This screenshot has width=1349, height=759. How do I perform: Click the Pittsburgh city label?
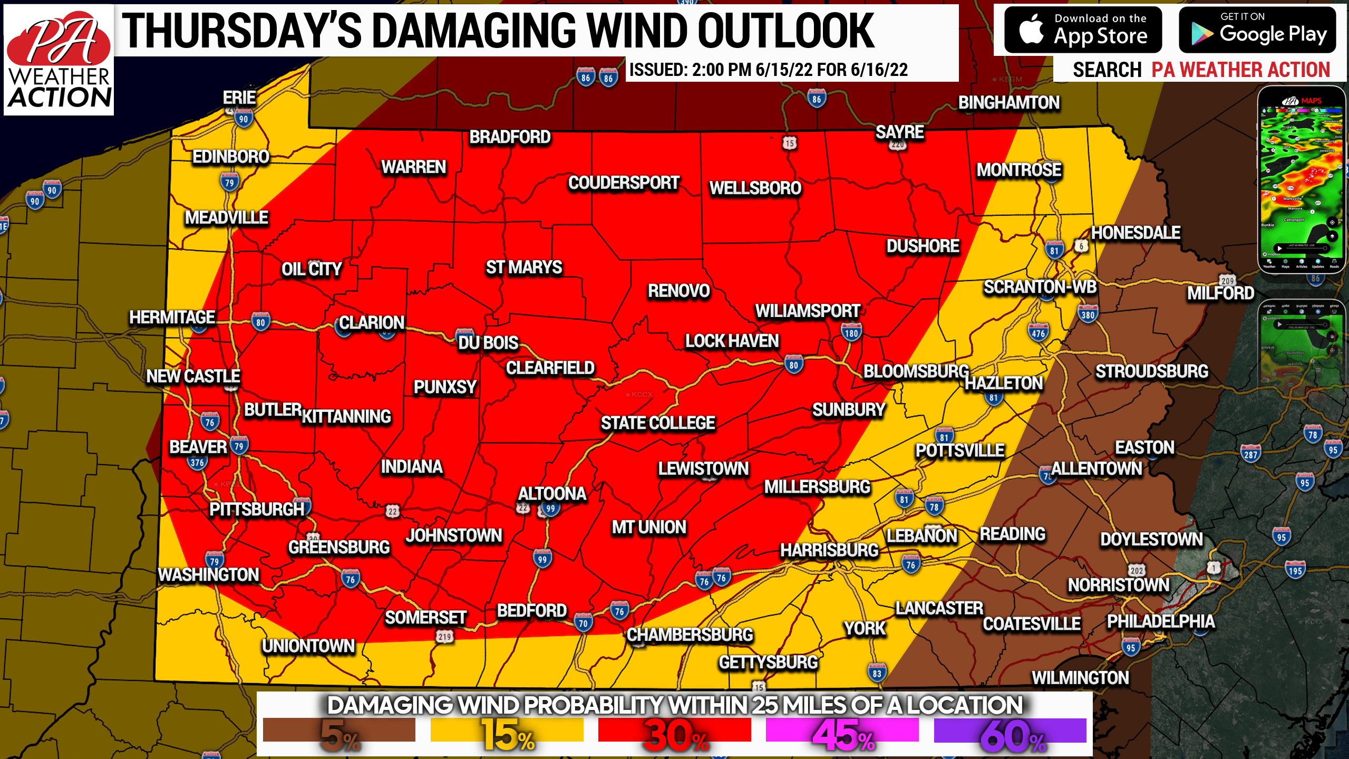[x=257, y=509]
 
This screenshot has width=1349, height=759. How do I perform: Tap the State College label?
[x=657, y=423]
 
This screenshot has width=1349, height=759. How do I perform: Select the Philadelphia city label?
[x=1160, y=621]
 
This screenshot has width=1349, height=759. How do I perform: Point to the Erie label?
[x=239, y=98]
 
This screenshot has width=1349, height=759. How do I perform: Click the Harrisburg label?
[x=829, y=550]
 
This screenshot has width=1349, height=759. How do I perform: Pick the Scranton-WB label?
[x=1040, y=287]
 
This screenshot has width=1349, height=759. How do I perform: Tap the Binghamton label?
[x=1008, y=102]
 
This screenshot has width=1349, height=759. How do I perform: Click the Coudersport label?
[x=623, y=183]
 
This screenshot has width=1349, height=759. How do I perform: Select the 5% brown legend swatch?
[x=339, y=731]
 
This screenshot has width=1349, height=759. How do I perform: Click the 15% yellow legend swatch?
[x=507, y=731]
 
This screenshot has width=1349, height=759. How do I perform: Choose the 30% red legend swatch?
[x=674, y=731]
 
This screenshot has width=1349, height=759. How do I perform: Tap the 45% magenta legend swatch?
[x=842, y=731]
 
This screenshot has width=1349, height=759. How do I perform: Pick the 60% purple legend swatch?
[x=1010, y=731]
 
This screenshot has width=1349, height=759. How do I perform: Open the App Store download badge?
[x=1083, y=30]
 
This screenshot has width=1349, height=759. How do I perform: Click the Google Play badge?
[x=1257, y=30]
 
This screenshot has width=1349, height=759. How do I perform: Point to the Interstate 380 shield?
[x=1088, y=315]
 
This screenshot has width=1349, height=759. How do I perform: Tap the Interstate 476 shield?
[x=1038, y=333]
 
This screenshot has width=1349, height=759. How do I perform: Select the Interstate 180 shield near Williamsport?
[x=851, y=333]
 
